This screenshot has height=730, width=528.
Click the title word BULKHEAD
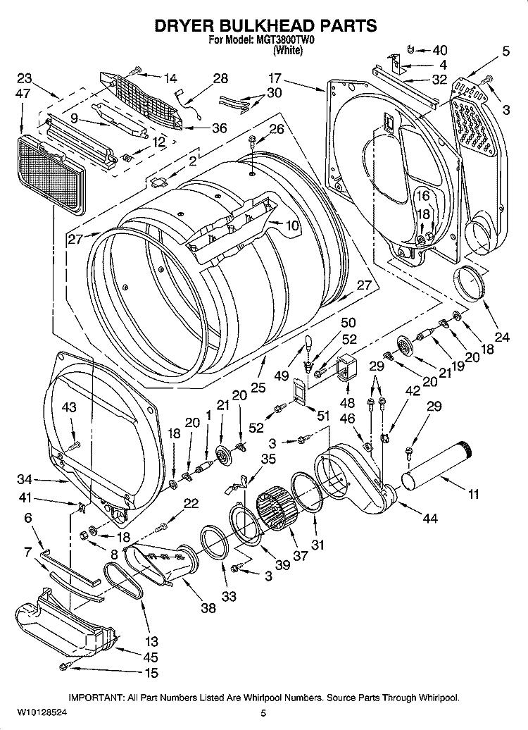coord(264,26)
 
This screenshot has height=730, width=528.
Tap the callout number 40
coord(439,50)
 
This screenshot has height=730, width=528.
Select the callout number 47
coord(23,93)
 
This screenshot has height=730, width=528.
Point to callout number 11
coord(472,495)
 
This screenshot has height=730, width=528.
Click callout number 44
coord(429,519)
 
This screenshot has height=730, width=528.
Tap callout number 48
coord(347,403)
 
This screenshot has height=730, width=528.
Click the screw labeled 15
coord(64,666)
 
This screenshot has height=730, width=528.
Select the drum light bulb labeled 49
coord(307,345)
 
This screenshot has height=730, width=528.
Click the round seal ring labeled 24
coord(467,283)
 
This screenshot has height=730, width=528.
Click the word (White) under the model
coord(286,50)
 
